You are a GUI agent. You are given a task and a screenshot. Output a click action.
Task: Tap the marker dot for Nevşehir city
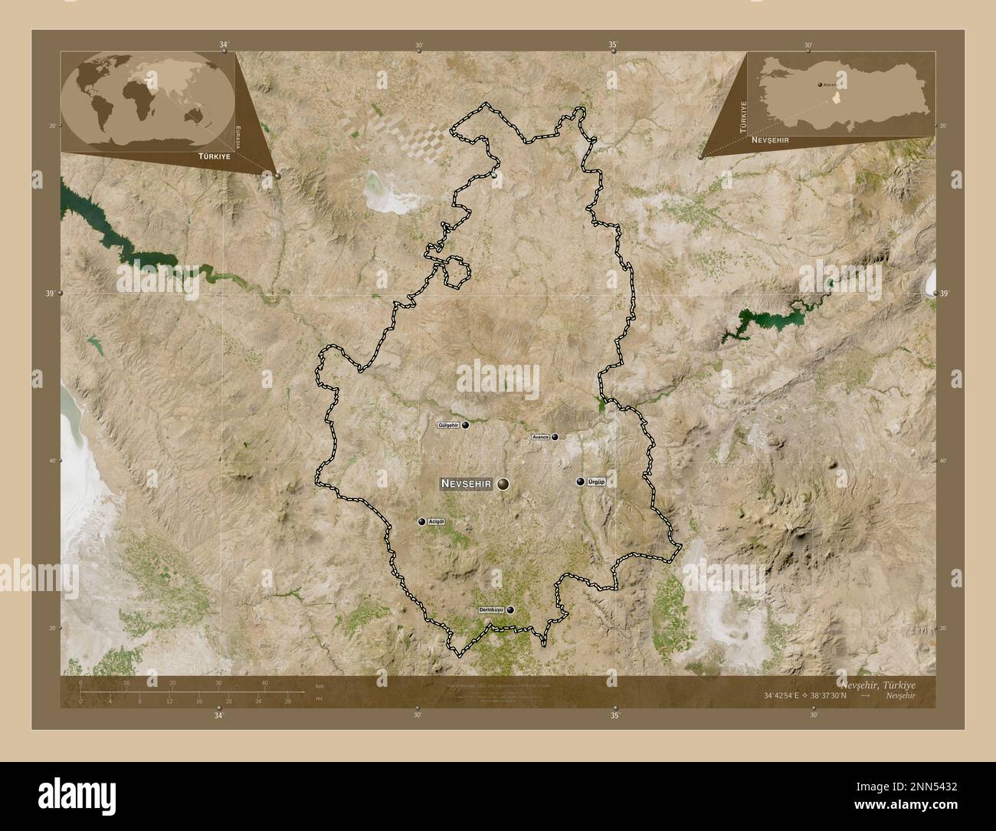pyautogui.click(x=503, y=483)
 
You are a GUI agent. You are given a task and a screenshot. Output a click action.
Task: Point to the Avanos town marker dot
pyautogui.click(x=555, y=437)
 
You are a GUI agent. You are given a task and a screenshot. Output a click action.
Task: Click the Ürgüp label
pyautogui.click(x=596, y=482)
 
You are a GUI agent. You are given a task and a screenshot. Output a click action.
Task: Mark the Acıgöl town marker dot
pyautogui.click(x=421, y=522)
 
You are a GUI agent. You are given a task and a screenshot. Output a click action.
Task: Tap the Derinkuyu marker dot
pyautogui.click(x=510, y=610)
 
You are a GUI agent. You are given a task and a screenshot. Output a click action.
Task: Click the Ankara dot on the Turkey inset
pyautogui.click(x=820, y=84)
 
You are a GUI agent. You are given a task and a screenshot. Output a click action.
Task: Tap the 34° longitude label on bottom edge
pyautogui.click(x=220, y=715)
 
